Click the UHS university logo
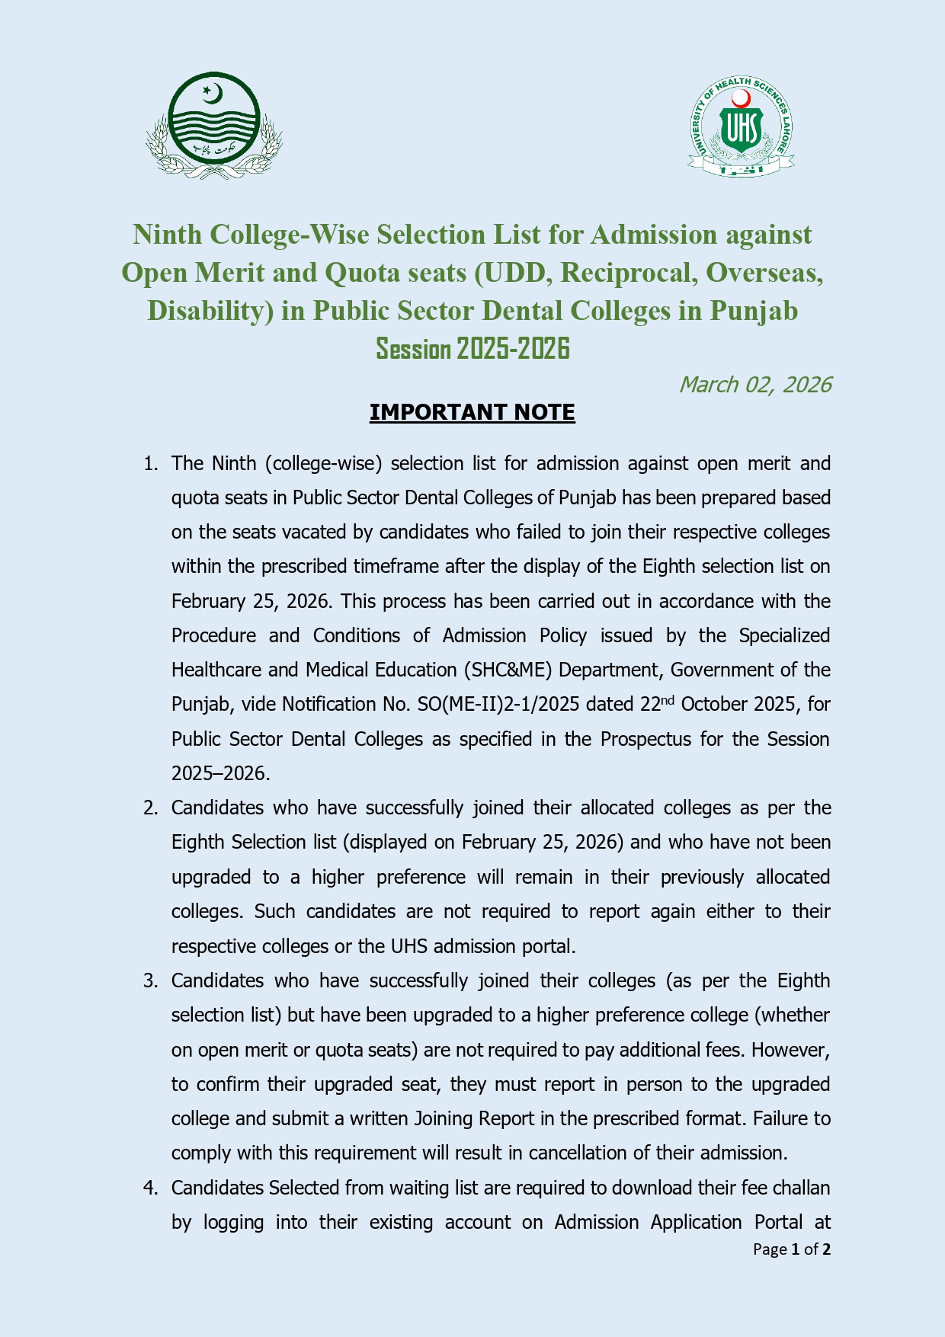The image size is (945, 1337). (x=742, y=127)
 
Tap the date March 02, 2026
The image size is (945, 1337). (x=754, y=385)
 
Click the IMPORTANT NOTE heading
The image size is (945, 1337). (x=472, y=412)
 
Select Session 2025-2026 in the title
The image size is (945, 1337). (x=472, y=349)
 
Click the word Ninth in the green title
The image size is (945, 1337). (x=168, y=235)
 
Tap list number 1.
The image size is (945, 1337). (x=150, y=464)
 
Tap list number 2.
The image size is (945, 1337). (x=150, y=808)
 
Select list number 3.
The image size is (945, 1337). (x=150, y=981)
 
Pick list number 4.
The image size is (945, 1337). (x=150, y=1188)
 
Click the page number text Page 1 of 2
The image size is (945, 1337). (x=791, y=1249)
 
